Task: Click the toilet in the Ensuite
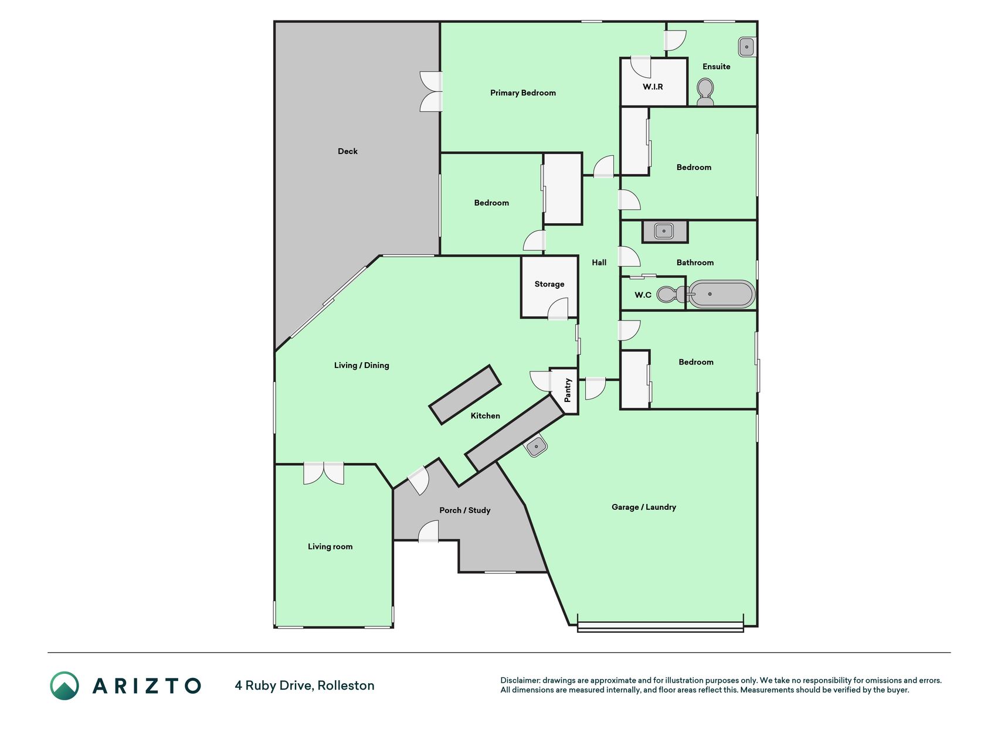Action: coord(705,93)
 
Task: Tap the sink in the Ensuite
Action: coord(746,47)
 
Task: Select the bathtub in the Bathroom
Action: coord(721,294)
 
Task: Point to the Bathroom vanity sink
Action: coord(664,231)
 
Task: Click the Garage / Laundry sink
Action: coord(536,446)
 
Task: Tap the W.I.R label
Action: coord(653,87)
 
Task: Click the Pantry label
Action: coord(568,390)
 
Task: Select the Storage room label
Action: coord(549,284)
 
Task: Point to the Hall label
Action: coord(599,262)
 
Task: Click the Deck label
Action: coord(348,151)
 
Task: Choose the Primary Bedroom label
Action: coord(523,93)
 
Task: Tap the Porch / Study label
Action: coord(465,510)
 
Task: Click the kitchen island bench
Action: coord(465,394)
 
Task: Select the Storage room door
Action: coord(558,309)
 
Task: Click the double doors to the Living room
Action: coord(324,473)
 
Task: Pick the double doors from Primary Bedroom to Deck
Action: coord(431,91)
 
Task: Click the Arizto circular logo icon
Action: coord(65,686)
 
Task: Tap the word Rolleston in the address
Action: coord(346,686)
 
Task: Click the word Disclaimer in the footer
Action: coord(520,680)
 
